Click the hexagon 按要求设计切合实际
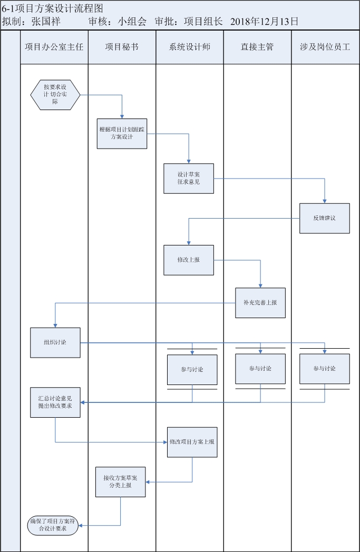(x=55, y=95)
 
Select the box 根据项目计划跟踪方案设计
(x=122, y=133)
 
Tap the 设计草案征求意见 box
(x=189, y=179)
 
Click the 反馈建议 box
(x=325, y=218)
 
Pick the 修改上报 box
(x=189, y=260)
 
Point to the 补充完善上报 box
(x=260, y=303)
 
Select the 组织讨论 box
(x=55, y=342)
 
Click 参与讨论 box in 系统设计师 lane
(x=192, y=369)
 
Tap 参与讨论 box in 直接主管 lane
(x=260, y=368)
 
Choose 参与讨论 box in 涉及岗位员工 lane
(x=325, y=368)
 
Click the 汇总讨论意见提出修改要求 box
(x=55, y=402)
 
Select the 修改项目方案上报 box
(x=192, y=442)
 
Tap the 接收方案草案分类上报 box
(x=121, y=481)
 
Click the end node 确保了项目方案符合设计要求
(x=53, y=525)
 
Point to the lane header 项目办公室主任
(x=54, y=47)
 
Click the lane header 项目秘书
(x=122, y=47)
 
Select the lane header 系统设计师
(x=190, y=47)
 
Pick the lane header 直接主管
(x=257, y=47)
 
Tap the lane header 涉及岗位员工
(x=325, y=47)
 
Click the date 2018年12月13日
(x=265, y=22)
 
